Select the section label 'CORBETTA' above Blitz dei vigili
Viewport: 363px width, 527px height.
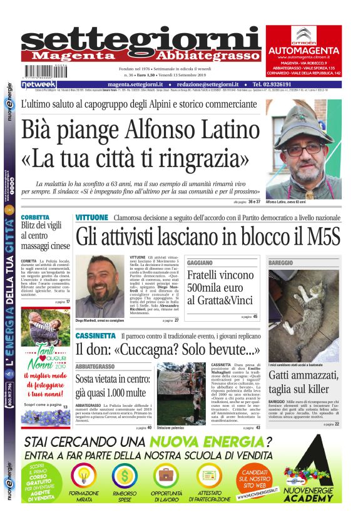35,217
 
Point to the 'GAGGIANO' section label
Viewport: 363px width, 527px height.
200,262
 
